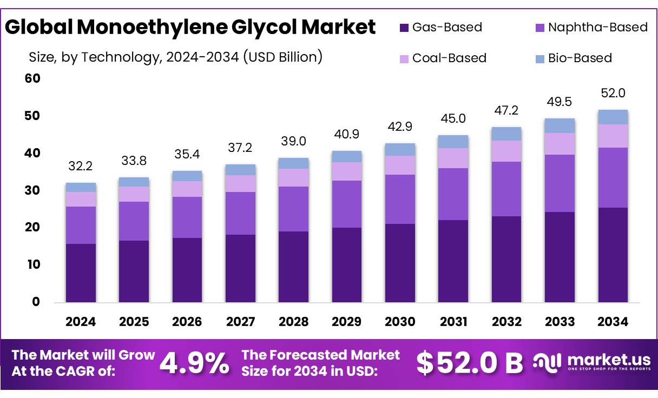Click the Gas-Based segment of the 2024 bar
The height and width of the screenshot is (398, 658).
point(81,273)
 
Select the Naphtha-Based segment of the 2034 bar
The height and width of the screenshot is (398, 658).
point(613,177)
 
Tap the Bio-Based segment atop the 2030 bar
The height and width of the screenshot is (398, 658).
point(400,149)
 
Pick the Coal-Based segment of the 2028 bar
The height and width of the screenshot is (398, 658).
point(293,177)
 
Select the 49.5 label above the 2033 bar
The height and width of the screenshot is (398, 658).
point(560,102)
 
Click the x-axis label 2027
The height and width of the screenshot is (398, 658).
point(240,322)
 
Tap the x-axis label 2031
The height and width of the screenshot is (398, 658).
point(453,322)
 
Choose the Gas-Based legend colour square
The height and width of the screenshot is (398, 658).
point(403,28)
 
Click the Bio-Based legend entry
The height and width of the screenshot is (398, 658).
point(580,58)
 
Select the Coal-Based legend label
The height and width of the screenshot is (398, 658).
point(449,58)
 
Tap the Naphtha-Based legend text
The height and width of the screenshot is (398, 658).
point(597,28)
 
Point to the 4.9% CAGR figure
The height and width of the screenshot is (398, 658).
point(194,363)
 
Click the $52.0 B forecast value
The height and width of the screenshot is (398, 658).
point(469,363)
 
